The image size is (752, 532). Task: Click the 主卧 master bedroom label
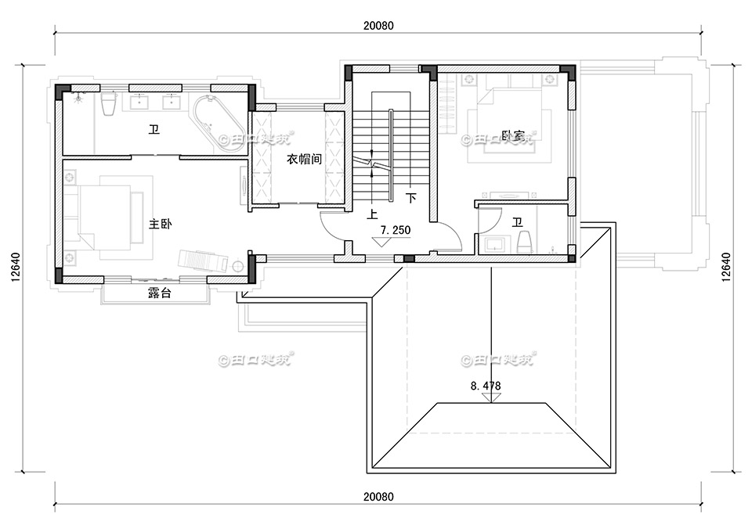160,224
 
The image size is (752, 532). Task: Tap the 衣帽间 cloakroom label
298,159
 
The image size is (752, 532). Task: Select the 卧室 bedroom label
514,137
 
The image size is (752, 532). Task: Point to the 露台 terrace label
160,294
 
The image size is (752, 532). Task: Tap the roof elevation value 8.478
485,386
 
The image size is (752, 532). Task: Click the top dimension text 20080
378,24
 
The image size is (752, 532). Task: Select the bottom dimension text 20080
378,497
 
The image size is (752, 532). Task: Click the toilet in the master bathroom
109,106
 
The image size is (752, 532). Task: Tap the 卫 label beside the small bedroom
517,223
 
